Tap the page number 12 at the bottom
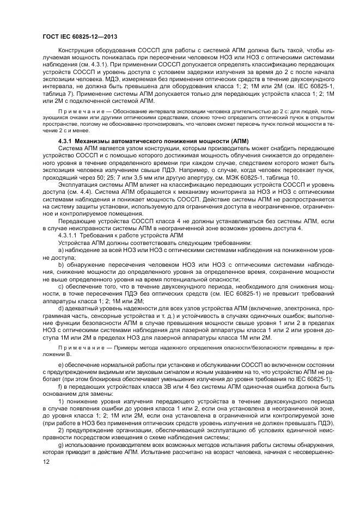45,461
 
